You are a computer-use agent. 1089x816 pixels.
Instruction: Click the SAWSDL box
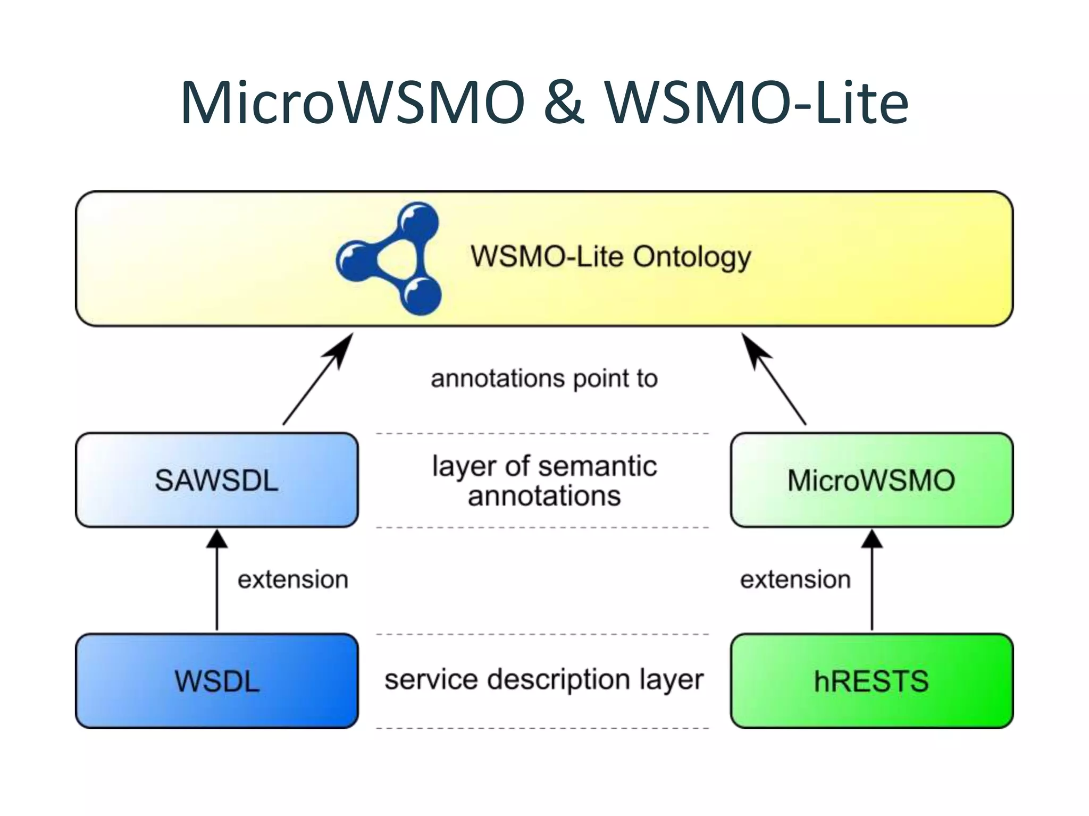(217, 480)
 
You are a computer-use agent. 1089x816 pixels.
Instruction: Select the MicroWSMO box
(872, 480)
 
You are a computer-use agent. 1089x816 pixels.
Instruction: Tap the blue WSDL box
(217, 681)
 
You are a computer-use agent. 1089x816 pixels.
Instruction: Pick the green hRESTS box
(872, 681)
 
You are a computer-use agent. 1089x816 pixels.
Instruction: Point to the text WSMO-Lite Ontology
(610, 257)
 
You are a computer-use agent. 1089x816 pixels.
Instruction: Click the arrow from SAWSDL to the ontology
(317, 379)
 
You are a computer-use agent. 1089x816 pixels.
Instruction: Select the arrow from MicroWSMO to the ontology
(774, 379)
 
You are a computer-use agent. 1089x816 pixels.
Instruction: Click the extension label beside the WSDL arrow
(293, 580)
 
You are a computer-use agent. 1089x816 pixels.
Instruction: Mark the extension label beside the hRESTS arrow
(795, 580)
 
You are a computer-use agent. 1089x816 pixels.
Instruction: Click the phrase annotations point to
(544, 379)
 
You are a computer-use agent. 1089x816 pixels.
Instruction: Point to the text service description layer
(544, 679)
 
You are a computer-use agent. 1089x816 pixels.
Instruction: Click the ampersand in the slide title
(564, 102)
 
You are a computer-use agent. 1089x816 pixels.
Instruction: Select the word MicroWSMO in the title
(353, 102)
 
